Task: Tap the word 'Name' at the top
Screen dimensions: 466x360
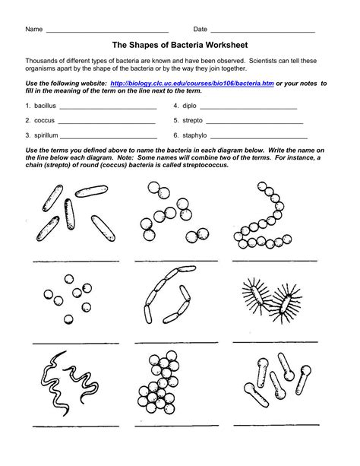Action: click(x=33, y=29)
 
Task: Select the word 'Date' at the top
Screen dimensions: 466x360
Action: click(x=201, y=29)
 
